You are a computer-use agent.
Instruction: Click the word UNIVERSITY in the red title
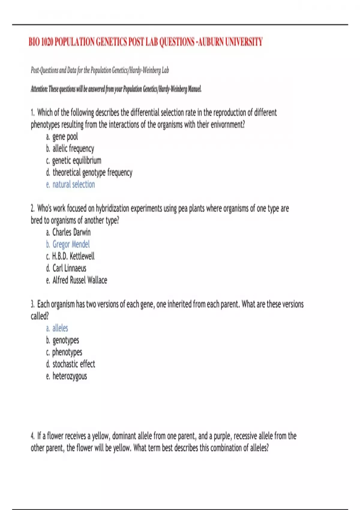point(244,42)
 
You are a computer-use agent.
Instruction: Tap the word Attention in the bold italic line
point(39,89)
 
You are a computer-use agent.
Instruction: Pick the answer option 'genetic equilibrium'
point(76,160)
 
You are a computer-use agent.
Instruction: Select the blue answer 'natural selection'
point(73,184)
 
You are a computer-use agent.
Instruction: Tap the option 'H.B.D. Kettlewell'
point(73,256)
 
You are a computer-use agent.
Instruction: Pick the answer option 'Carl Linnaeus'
point(69,268)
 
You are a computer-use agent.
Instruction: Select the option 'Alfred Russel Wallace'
point(80,280)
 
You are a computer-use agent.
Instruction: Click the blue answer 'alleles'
point(60,328)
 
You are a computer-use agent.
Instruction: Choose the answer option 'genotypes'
point(66,340)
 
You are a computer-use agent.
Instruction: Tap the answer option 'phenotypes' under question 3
point(67,352)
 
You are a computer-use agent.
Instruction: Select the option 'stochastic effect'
point(74,364)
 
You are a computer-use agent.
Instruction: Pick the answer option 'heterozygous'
point(70,376)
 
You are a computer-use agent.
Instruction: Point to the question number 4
point(32,436)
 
